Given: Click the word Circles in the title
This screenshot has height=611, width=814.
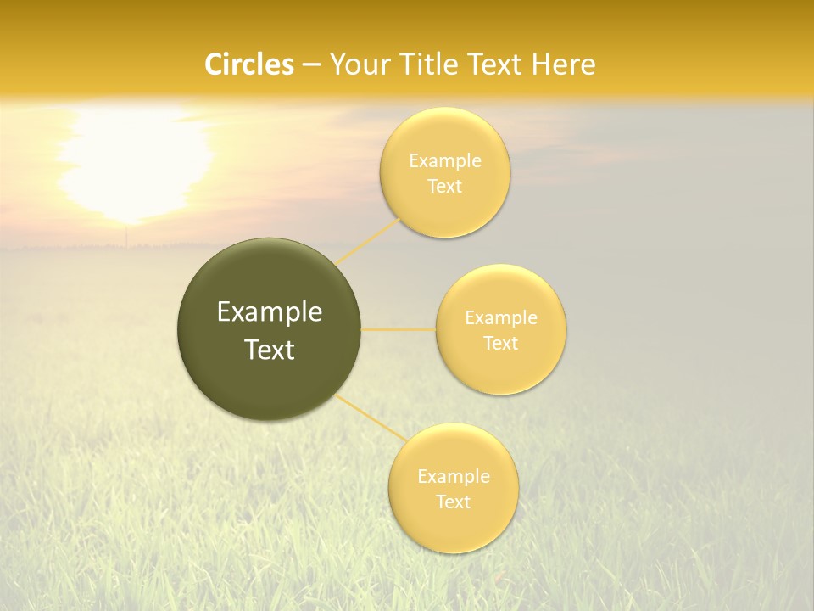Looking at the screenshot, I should pos(249,64).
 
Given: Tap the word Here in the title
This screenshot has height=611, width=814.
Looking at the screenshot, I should pos(564,64).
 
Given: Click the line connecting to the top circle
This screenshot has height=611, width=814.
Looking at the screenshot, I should pos(368,242).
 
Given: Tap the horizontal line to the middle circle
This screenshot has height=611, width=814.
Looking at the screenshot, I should pos(399,329).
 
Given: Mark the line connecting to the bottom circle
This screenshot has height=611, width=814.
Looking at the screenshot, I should pos(371,417).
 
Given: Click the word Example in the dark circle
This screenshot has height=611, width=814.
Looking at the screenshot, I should pos(270,312).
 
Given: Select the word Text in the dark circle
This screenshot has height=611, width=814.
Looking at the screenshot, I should pos(270,350).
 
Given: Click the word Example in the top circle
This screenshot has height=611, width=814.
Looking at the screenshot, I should pos(445,161).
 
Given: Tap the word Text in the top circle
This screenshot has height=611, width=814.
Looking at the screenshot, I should pos(445,187).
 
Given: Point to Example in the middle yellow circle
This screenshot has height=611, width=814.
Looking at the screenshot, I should pos(501,318).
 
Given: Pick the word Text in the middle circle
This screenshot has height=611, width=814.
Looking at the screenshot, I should pos(501,344).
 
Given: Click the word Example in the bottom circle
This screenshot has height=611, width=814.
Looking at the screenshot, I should pos(454,477).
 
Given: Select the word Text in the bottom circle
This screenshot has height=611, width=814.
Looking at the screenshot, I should pos(454,502).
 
